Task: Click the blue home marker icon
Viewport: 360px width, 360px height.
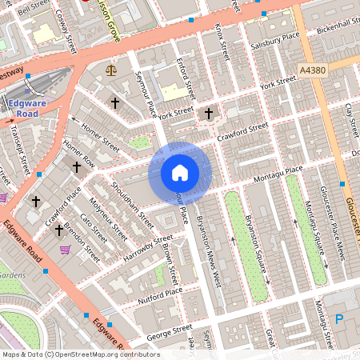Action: click(x=179, y=172)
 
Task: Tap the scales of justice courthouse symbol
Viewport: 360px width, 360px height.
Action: click(x=110, y=71)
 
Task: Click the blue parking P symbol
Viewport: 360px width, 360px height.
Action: click(x=338, y=319)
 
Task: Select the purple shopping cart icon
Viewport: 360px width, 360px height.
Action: click(x=65, y=250)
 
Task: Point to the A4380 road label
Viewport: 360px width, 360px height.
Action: click(x=313, y=71)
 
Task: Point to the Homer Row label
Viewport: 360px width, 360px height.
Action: click(x=79, y=153)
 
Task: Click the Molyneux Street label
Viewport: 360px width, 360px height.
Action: click(x=108, y=218)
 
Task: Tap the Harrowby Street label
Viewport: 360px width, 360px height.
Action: click(x=148, y=250)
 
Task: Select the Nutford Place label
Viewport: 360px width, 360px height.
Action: click(x=159, y=296)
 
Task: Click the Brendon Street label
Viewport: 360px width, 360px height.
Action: click(x=84, y=242)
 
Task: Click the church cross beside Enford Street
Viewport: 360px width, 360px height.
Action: click(x=209, y=114)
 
